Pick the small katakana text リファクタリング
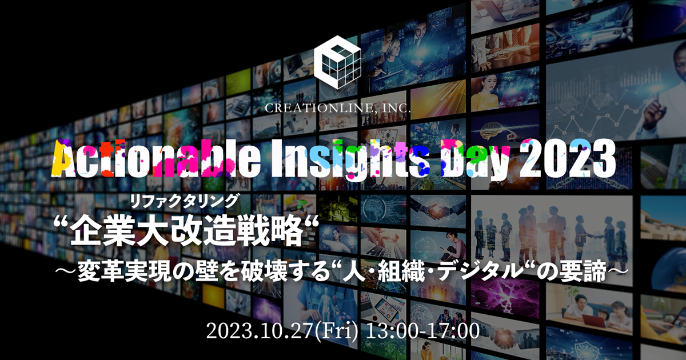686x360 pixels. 183,200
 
